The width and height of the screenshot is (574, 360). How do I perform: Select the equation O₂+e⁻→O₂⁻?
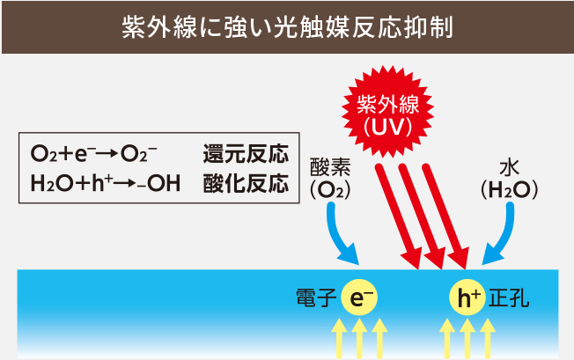94,155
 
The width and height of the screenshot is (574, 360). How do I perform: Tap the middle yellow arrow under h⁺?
468,339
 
